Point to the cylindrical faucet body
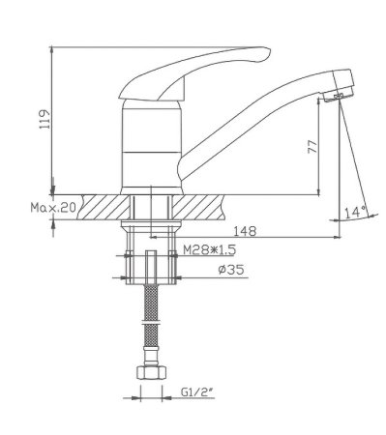click(x=149, y=145)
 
